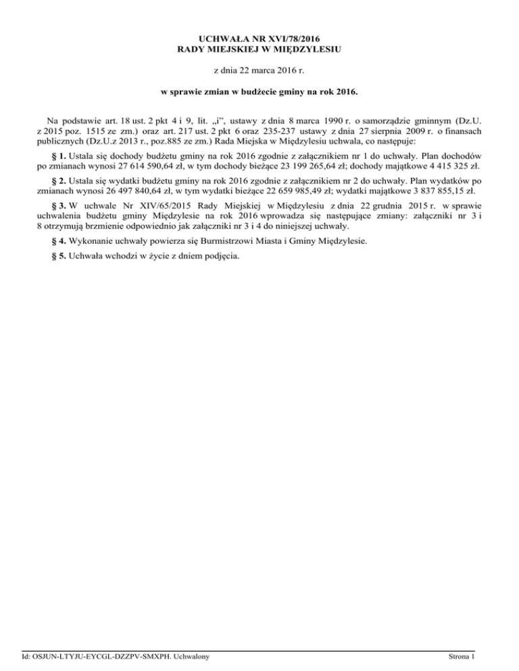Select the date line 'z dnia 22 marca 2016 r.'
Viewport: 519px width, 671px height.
coord(259,70)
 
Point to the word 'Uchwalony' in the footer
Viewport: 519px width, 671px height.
coord(188,657)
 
